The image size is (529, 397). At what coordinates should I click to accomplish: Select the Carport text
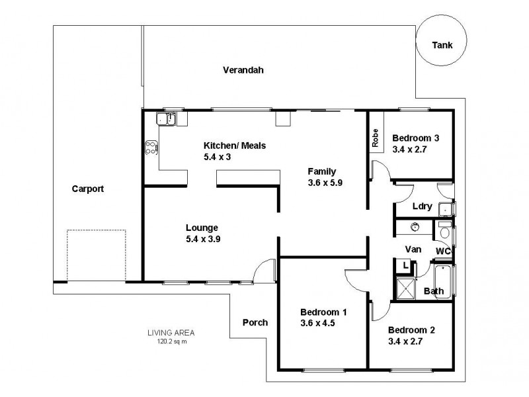click(x=88, y=189)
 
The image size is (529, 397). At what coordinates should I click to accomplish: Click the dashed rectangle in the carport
click(x=97, y=255)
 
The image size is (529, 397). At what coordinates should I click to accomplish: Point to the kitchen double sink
click(x=165, y=118)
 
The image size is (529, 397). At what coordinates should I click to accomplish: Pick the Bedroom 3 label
click(x=415, y=138)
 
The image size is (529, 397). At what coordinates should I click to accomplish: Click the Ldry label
click(x=422, y=206)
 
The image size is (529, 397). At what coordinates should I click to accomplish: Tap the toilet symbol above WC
click(x=444, y=234)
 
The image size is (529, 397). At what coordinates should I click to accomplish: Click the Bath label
click(x=434, y=291)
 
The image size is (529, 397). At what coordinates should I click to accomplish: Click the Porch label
click(x=255, y=323)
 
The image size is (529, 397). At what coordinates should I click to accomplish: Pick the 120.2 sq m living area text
click(x=171, y=342)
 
